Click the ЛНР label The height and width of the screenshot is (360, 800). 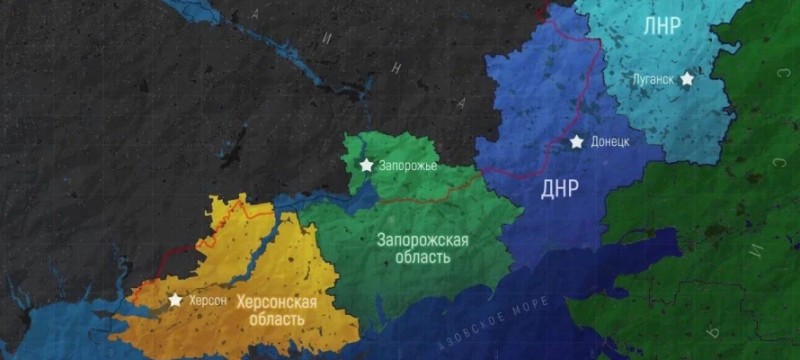[661, 27]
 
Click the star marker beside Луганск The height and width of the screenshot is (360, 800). [687, 77]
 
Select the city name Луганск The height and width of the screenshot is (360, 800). [654, 78]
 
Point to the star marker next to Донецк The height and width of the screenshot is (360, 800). [577, 142]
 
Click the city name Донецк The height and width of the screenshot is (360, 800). [610, 143]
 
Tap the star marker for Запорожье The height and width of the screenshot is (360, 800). [366, 164]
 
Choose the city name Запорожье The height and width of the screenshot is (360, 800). [408, 165]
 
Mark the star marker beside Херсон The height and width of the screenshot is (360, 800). [175, 299]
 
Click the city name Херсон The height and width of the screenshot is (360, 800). [209, 300]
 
